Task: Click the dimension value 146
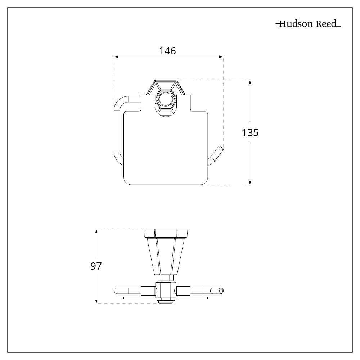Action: point(168,51)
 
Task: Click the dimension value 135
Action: point(250,132)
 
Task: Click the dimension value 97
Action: point(96,266)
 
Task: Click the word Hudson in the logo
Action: point(294,25)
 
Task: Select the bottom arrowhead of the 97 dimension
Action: point(96,301)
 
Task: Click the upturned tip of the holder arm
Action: point(218,152)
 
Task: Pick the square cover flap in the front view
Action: point(166,151)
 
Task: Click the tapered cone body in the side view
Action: point(166,256)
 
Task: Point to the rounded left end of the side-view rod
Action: point(116,291)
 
